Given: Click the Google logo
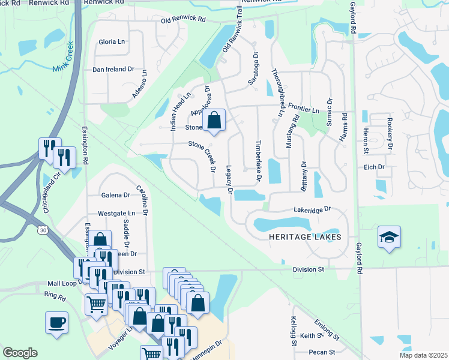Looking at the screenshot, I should click(20, 353).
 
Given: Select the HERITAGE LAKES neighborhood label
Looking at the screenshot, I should click(306, 237).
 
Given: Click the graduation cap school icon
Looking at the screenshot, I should click(389, 237).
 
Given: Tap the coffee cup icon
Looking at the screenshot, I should click(56, 322).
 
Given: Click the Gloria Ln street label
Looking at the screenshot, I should click(112, 42).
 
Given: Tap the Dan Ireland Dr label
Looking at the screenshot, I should click(113, 70).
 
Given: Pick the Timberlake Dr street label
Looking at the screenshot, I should click(259, 161).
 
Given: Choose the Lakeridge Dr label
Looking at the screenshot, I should click(312, 211).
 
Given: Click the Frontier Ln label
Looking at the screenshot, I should click(304, 110).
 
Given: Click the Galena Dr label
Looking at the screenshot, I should click(116, 195).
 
